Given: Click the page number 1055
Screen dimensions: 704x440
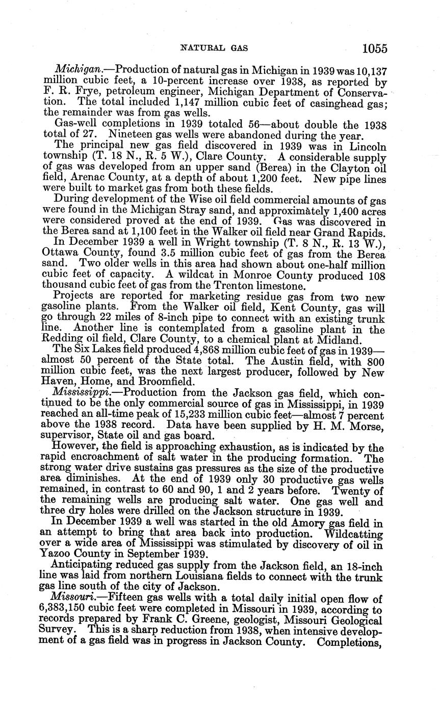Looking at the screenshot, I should (375, 48).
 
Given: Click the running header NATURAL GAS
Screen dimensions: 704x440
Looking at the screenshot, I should (214, 48).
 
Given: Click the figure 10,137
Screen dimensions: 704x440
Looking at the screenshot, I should (370, 69).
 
